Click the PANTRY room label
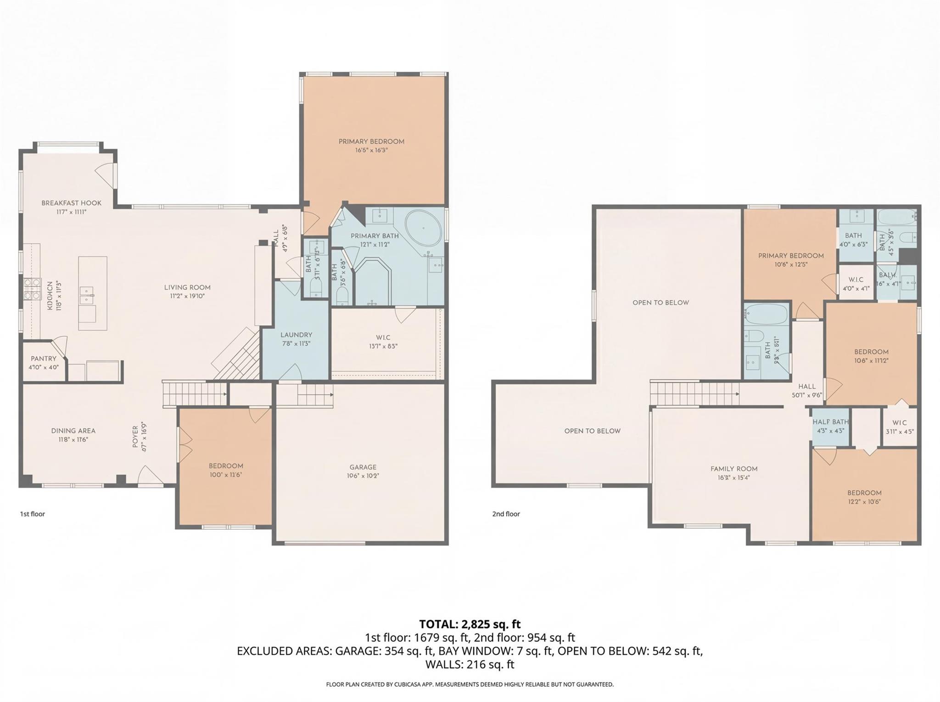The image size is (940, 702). click(44, 359)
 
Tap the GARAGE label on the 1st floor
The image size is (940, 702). click(362, 467)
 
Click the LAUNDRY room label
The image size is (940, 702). click(296, 335)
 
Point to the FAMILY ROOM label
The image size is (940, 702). click(734, 469)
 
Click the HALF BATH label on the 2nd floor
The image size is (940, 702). click(830, 422)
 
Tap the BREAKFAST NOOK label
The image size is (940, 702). click(71, 203)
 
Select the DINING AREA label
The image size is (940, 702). click(73, 431)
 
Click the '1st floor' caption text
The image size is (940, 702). click(32, 514)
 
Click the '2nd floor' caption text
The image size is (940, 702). click(506, 514)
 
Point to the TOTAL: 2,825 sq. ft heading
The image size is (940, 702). click(470, 624)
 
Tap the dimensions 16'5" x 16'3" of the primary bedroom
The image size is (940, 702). click(371, 150)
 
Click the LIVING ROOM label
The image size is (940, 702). click(187, 287)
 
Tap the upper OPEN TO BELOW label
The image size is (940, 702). click(660, 303)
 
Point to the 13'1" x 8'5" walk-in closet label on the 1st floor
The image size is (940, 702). click(383, 347)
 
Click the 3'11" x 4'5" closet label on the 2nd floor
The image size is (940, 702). click(899, 431)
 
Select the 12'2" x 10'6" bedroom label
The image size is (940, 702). click(864, 502)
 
